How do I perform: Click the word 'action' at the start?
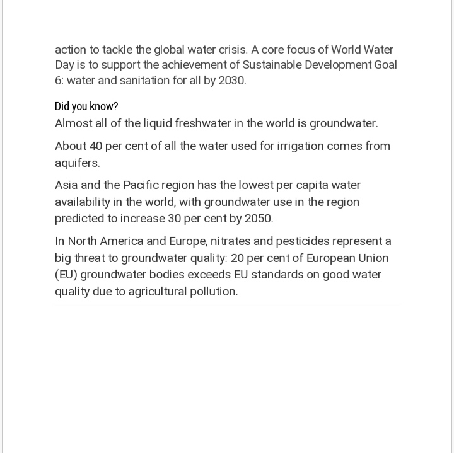69,50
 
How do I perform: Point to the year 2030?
231,81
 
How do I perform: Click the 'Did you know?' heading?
86,106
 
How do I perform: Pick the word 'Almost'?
73,123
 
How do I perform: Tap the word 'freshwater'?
202,123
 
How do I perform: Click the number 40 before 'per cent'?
96,146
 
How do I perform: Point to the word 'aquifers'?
77,163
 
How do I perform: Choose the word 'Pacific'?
142,185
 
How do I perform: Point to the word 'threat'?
91,258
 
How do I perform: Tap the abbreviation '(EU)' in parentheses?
66,275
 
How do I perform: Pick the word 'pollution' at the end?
214,292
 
